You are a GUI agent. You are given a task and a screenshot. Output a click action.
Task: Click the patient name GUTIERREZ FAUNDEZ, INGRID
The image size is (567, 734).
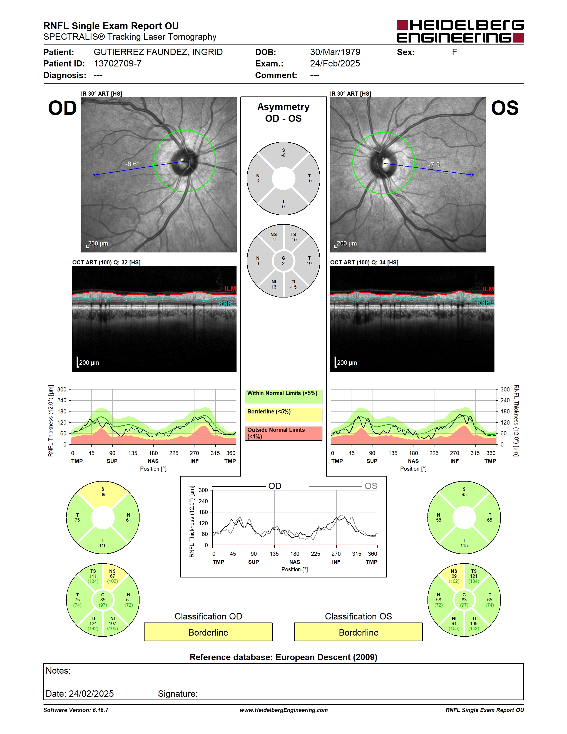coord(158,52)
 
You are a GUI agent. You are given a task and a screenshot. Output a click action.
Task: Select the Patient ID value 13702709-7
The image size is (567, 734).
coord(118,63)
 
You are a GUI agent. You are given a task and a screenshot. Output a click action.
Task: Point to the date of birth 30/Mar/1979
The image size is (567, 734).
coord(335,52)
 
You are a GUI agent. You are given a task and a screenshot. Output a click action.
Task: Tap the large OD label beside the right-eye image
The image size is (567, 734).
coord(63,108)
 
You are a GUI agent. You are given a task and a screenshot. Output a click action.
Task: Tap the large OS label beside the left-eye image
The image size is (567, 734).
coord(504,108)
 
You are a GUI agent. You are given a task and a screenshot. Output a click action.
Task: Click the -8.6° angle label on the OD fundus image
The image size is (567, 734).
coord(132,164)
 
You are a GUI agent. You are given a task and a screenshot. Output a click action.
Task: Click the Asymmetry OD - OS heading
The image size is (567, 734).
coord(283,113)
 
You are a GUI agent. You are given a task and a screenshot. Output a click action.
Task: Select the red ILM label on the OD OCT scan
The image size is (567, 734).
coord(230,289)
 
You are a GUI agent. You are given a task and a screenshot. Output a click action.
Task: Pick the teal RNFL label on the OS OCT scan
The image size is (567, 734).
coord(485,302)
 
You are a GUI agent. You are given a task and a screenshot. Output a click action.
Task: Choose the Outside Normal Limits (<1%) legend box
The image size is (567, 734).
coord(283,433)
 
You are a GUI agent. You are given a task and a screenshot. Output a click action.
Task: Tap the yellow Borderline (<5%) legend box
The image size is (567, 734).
coord(283,415)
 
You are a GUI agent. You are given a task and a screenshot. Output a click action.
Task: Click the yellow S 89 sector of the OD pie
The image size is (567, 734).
coord(103,494)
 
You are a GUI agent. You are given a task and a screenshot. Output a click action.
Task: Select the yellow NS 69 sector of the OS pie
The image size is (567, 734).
coord(452,575)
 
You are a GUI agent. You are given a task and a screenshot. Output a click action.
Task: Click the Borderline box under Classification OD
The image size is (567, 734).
coord(208,632)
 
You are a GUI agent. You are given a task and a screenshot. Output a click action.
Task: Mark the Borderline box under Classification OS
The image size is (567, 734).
coord(359,632)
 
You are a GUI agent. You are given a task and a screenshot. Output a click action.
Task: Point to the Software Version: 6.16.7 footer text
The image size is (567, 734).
coord(76,710)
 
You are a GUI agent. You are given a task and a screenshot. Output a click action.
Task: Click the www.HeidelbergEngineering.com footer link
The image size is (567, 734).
coord(283,710)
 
